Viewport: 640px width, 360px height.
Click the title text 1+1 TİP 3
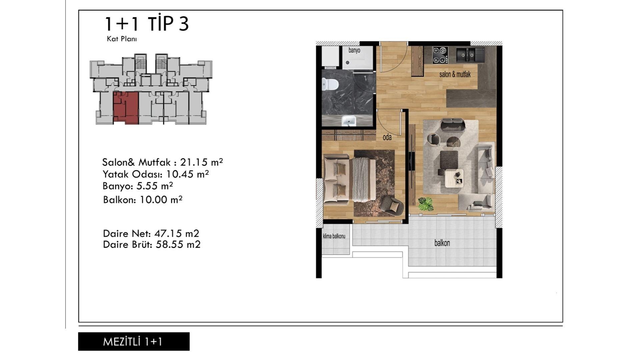[x=147, y=24]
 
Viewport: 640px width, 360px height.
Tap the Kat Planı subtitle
[x=122, y=39]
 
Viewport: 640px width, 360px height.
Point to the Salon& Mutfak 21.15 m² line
[x=162, y=162]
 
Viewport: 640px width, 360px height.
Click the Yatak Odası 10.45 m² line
[x=156, y=174]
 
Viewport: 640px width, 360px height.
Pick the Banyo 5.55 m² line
[x=138, y=186]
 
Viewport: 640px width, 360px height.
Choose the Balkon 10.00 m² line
[x=143, y=200]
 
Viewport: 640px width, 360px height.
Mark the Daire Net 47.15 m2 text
[x=151, y=233]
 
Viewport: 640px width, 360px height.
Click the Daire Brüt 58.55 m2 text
[x=152, y=244]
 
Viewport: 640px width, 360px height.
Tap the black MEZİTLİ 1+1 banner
[x=134, y=341]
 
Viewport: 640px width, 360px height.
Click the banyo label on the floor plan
[x=354, y=50]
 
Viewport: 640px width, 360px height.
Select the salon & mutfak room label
[x=455, y=74]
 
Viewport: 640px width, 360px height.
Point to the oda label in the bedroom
[x=387, y=137]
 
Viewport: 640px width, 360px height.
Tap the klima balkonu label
[x=334, y=236]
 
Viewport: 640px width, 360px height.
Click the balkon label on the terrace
[x=442, y=243]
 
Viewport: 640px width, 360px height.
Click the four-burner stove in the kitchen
[x=440, y=55]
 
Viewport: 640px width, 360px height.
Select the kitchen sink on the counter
[x=470, y=55]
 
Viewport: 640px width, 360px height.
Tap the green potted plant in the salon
[x=426, y=204]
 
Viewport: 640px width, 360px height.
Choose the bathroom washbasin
[x=349, y=121]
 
